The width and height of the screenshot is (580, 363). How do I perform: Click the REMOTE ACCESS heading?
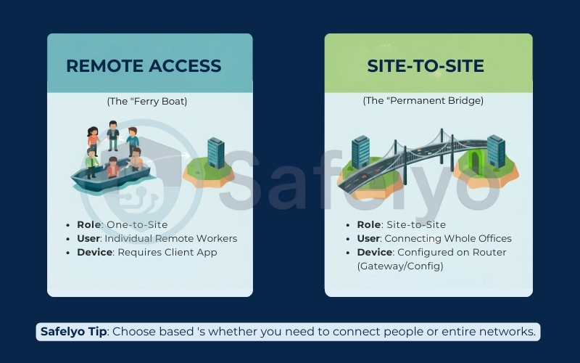pos(144,66)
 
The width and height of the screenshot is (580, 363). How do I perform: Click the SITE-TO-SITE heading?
pos(426,66)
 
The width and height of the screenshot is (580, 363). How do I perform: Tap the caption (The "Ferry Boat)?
pos(146,102)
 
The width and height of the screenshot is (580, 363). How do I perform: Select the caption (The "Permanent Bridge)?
pos(423,102)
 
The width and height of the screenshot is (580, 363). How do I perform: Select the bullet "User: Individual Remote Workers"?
pos(157,238)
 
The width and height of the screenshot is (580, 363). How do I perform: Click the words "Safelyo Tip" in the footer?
pos(73,332)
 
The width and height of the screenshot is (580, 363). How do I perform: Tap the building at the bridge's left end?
pos(360,150)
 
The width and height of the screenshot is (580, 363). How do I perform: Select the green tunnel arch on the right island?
pos(476,161)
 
